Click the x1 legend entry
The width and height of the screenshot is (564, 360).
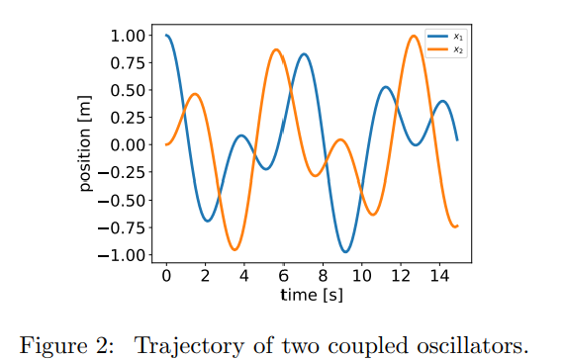pos(446,37)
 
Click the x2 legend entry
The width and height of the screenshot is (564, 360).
pos(446,47)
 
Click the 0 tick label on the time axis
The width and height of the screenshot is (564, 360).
pos(166,276)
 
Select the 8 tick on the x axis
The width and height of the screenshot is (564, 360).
pos(323,276)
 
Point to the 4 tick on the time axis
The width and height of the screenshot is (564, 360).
pos(244,276)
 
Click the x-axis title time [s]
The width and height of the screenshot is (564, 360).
pos(312,295)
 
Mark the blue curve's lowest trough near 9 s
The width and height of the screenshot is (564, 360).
pos(344,251)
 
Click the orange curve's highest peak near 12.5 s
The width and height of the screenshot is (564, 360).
pos(413,36)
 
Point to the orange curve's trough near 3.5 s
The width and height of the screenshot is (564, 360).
pos(235,249)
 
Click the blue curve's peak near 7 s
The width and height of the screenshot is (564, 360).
pos(304,54)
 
